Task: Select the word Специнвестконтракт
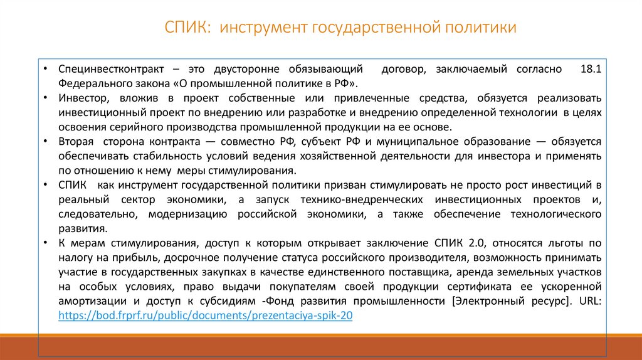pos(112,70)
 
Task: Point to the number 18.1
pos(590,70)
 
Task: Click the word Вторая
pos(76,142)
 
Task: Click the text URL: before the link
pos(588,300)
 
